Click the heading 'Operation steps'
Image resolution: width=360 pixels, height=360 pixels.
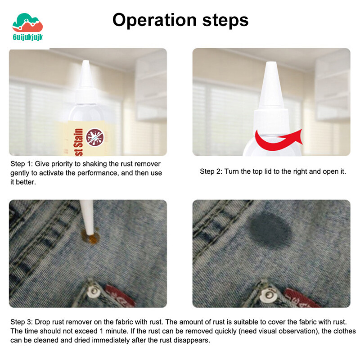click(x=180, y=21)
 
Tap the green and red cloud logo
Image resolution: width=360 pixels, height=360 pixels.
click(x=27, y=22)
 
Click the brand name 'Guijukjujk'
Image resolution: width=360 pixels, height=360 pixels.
click(x=28, y=37)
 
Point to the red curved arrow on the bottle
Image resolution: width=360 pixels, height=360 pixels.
click(x=279, y=140)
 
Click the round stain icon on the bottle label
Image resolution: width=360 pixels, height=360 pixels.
click(x=95, y=138)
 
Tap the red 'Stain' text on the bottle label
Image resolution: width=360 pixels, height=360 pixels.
click(x=78, y=142)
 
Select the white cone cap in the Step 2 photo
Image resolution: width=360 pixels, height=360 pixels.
click(x=271, y=85)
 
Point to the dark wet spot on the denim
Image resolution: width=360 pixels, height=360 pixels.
click(x=270, y=230)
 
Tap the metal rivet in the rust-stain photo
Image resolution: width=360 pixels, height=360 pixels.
click(x=94, y=291)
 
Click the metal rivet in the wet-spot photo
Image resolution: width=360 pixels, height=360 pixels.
click(x=269, y=295)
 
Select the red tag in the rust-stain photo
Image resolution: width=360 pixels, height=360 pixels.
click(x=120, y=296)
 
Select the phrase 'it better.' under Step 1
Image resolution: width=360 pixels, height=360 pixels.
click(x=23, y=182)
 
